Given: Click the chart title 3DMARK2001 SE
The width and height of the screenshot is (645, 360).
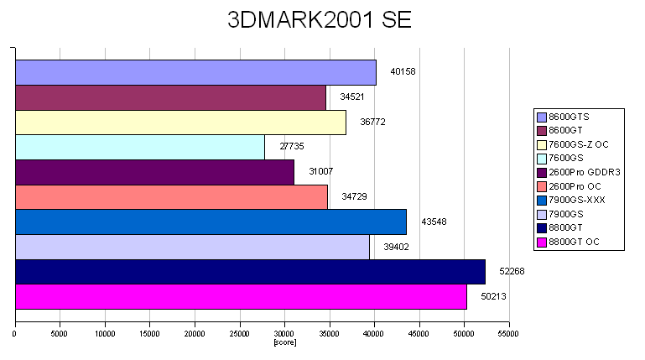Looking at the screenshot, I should click(x=320, y=21).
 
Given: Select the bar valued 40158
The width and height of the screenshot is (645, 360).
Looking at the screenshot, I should click(x=195, y=72).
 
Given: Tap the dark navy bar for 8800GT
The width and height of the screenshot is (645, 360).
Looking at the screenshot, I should click(x=250, y=272).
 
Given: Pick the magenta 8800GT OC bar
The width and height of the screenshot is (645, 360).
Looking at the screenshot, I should click(x=241, y=297).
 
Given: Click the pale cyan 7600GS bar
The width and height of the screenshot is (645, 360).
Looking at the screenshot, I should click(x=140, y=147).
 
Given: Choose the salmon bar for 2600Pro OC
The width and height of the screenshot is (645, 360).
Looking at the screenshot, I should click(x=171, y=197).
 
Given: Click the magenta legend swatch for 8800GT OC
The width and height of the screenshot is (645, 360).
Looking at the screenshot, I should click(x=542, y=243).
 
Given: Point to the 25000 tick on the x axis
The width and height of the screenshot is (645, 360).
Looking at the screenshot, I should click(x=239, y=334).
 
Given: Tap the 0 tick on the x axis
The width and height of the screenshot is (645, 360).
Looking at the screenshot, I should click(x=15, y=334).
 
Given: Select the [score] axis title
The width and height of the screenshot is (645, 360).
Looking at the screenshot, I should click(x=285, y=342).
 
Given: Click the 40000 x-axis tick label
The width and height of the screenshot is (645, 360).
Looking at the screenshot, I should click(x=374, y=334).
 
